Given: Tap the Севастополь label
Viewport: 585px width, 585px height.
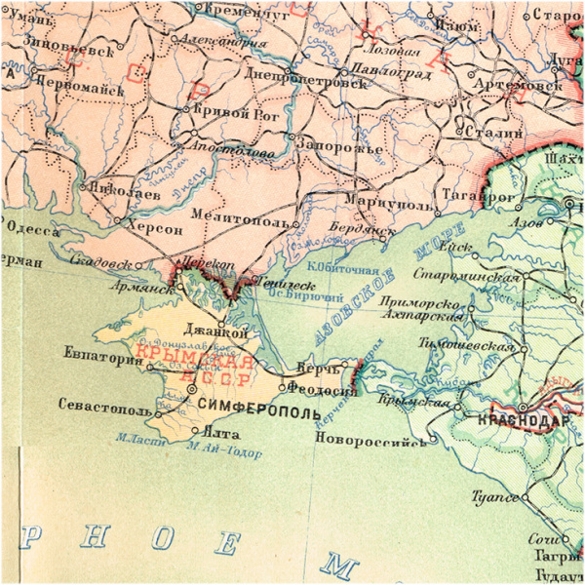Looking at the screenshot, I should [x=105, y=404].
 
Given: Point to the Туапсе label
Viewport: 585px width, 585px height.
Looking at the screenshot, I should [x=496, y=497].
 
